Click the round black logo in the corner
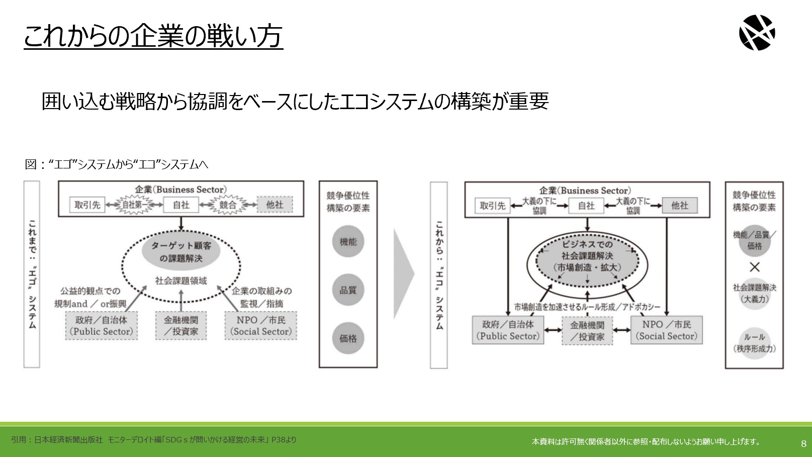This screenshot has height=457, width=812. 757,33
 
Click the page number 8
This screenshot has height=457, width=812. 803,443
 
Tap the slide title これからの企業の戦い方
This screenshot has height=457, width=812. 153,36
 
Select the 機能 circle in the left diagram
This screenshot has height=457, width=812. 348,241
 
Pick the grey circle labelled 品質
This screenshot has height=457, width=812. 348,290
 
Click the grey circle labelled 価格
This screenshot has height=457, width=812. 348,338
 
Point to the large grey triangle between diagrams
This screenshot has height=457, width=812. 403,274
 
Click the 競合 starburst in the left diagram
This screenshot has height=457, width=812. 228,205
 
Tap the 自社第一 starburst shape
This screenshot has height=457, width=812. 134,205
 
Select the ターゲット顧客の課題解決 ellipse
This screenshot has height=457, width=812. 181,252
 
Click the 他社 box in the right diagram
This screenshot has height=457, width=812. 680,206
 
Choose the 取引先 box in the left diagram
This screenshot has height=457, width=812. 87,205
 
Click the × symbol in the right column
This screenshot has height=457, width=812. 754,267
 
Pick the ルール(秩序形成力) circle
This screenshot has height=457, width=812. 754,343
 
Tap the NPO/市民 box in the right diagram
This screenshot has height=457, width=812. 666,330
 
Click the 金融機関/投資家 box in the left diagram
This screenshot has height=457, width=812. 181,325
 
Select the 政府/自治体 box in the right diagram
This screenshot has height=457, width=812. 508,330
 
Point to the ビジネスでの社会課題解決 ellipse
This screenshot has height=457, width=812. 587,261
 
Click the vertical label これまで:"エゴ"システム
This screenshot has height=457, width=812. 32,275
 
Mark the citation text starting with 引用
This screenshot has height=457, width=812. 154,439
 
